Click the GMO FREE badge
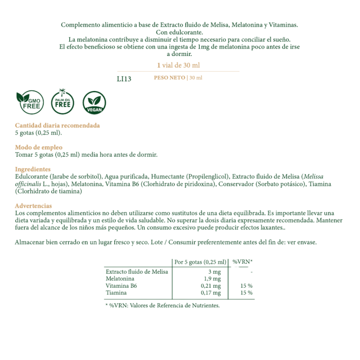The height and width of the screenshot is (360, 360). [x=29, y=102]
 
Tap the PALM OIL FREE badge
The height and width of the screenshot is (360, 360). [x=63, y=101]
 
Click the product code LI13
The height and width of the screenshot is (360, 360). [x=124, y=79]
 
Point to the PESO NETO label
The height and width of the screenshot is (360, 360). [x=169, y=78]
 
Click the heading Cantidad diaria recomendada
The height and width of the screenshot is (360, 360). [x=57, y=125]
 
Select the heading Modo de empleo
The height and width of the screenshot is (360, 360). [x=39, y=147]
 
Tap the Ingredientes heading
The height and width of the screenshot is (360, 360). [x=33, y=169]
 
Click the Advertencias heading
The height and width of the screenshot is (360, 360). [x=34, y=205]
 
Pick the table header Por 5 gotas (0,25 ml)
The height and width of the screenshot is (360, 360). [x=200, y=262]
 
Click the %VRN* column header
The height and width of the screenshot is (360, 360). [x=242, y=262]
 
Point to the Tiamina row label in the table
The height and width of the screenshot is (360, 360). [x=116, y=292]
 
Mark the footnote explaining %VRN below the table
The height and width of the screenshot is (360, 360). [x=162, y=305]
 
